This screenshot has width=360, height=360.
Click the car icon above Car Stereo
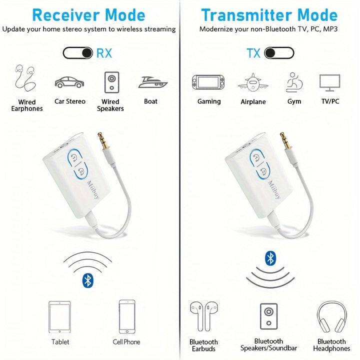coord(69,82)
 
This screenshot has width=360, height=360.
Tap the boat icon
coord(152,82)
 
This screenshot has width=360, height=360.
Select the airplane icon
coord(253,82)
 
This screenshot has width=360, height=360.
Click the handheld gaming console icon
coord(208,82)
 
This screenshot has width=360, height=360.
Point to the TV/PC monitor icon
coord(329,82)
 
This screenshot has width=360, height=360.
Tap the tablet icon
coord(59,317)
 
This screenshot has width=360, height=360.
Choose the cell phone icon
coord(127,316)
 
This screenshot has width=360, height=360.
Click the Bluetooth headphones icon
coord(332,316)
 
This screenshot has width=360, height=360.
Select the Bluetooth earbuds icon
coord(203,316)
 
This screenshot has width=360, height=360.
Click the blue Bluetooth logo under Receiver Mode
coord(87,280)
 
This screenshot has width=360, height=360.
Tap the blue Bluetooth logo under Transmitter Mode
coord(270,258)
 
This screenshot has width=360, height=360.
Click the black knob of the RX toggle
coord(87,53)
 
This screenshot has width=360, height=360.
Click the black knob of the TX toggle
coord(270,53)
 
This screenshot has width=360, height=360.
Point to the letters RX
coord(104,53)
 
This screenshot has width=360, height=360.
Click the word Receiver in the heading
coord(65,15)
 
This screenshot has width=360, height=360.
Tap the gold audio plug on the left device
coord(103,140)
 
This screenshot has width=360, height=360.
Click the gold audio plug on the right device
coord(285,140)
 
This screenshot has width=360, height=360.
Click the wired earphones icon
coord(25,78)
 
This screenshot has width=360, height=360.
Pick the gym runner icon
coord(294,82)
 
